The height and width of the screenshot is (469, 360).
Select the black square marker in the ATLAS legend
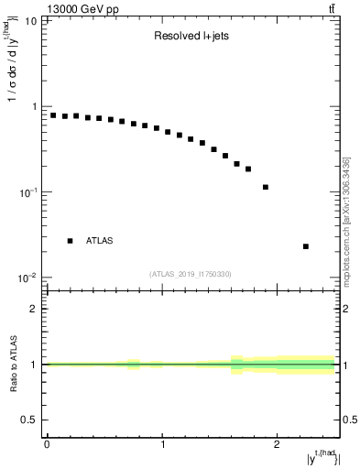point(70,241)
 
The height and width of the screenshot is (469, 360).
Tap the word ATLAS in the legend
point(101,241)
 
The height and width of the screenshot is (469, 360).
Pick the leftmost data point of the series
point(53,115)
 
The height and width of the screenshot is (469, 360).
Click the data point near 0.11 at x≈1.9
point(266,187)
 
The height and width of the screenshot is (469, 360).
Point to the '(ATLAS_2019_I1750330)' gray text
point(191,273)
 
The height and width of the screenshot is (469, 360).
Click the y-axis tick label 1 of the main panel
point(33,106)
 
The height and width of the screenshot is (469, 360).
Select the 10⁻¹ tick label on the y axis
point(27,191)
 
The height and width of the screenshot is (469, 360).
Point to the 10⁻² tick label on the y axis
point(27,278)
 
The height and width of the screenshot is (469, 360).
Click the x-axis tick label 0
point(47,445)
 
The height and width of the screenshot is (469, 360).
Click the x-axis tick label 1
point(162,445)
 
